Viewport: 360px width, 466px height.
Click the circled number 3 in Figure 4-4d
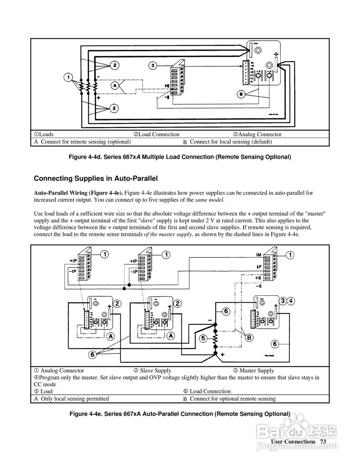(153, 66)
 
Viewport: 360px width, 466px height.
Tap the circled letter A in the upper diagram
(115, 85)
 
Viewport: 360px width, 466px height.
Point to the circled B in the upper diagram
(241, 94)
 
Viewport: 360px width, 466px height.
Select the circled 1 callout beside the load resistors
(68, 77)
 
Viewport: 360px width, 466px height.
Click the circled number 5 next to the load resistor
(204, 338)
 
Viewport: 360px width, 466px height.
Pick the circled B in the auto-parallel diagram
(249, 337)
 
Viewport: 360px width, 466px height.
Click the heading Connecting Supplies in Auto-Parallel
(96, 178)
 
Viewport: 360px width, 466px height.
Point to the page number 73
(323, 441)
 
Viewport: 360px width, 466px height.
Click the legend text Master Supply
(256, 371)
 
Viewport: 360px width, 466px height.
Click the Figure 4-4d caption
(180, 157)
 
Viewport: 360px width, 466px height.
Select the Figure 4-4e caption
(180, 414)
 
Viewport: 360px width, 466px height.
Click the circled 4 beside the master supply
(291, 301)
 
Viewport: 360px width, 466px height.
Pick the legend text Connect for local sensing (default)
(231, 142)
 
